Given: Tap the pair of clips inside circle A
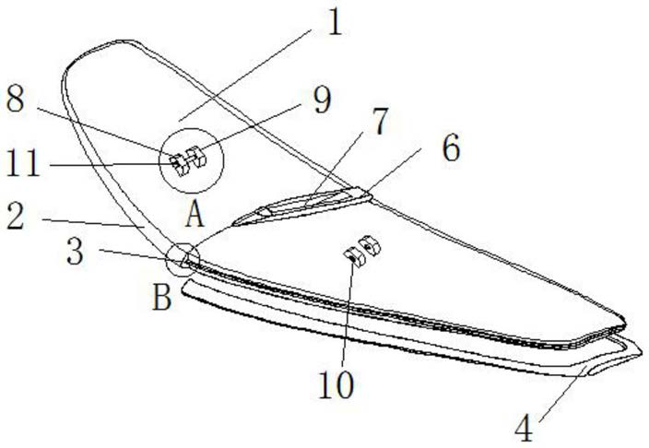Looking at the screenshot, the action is point(187,161).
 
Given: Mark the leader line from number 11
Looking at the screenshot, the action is point(111,165).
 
